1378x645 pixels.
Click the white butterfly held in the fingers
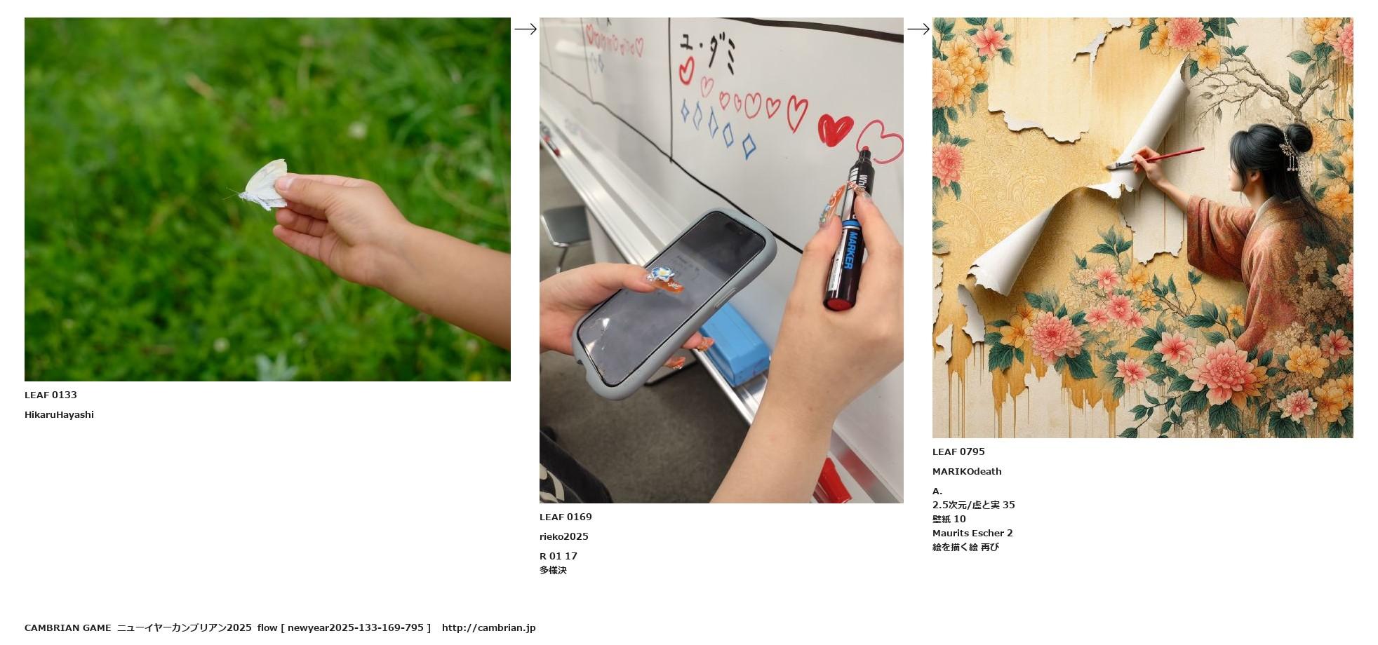coord(264,185)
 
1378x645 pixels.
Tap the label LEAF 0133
coord(51,395)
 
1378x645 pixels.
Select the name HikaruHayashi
coord(59,415)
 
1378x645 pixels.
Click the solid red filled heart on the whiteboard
coord(835,130)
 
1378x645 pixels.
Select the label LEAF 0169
coord(566,517)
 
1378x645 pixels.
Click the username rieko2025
coord(564,537)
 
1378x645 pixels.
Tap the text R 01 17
coord(558,557)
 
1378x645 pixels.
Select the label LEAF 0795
coord(958,452)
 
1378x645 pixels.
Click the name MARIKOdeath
coord(967,472)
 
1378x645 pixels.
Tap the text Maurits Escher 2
coord(972,534)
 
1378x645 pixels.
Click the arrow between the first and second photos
coord(526,29)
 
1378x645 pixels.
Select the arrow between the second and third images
coord(918,29)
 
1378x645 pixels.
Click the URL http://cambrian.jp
coord(488,628)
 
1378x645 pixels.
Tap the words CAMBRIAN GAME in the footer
coord(67,628)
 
